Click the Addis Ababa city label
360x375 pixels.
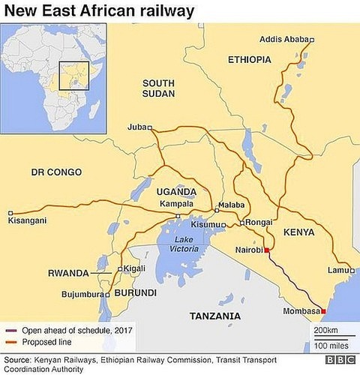[x=283, y=40]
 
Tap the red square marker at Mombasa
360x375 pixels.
[x=323, y=310]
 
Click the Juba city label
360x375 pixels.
[x=137, y=127]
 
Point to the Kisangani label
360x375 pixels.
[x=27, y=220]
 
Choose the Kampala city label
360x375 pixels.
[x=178, y=204]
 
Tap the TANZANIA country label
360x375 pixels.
[x=215, y=316]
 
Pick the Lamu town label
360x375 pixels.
[x=338, y=270]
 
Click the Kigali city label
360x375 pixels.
[x=134, y=268]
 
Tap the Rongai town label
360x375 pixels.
[x=259, y=223]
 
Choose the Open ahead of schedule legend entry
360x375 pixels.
[x=75, y=330]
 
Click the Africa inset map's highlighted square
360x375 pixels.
[x=74, y=75]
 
